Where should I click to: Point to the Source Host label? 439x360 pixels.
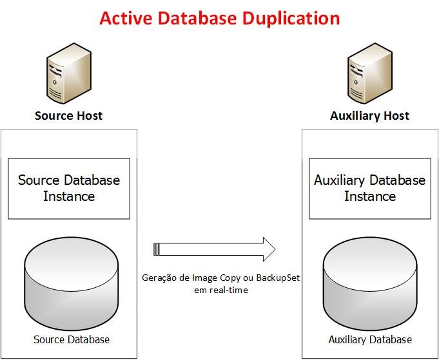[68, 116]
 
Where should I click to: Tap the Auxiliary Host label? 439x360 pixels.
[369, 116]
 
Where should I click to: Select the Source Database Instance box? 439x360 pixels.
[69, 188]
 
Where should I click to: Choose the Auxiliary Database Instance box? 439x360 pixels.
[369, 188]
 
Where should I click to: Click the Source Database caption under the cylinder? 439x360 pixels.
[71, 339]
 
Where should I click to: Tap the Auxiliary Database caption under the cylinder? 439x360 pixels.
[370, 339]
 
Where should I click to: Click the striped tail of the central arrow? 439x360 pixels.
[157, 249]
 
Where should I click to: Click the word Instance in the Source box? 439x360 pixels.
[69, 196]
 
